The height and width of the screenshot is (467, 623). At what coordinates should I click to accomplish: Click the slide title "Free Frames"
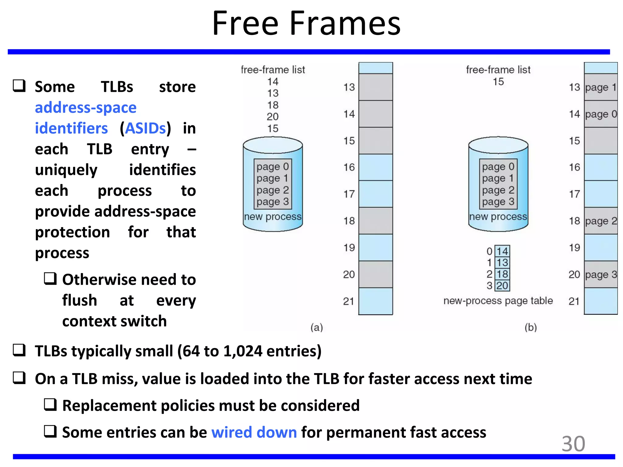coord(306,24)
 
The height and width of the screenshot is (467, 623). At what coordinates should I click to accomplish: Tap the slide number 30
coord(573,444)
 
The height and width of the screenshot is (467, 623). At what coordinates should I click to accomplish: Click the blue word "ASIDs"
coord(145,128)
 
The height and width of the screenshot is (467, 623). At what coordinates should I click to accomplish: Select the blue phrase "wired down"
coord(254,432)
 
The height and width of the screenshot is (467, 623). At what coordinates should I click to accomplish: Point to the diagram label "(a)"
coord(316,327)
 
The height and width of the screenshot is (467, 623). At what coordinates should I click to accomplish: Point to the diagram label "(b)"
coord(531,327)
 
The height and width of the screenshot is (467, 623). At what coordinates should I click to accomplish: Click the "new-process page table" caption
coord(498,301)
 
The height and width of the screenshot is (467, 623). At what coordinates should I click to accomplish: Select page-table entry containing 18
coord(502,274)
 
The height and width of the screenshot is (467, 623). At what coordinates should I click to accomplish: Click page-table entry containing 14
coord(502,251)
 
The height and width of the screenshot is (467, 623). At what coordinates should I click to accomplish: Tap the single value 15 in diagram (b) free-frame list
coord(498,81)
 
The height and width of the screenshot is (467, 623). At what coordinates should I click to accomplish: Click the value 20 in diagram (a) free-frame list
coord(273,116)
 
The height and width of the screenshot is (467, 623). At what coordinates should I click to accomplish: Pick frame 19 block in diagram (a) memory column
coord(376,247)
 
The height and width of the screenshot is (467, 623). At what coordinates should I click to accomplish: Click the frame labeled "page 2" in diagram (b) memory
coord(601,221)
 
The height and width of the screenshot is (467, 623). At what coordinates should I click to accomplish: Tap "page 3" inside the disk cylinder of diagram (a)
coord(273,202)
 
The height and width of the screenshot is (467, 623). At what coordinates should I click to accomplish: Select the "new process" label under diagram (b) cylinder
coord(498,217)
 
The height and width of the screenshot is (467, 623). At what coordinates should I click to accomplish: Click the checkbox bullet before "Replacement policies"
coord(50,405)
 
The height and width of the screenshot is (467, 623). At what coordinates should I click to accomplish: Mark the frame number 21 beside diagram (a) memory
coord(349,301)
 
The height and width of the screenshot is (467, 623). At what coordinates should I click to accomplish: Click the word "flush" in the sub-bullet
coord(80,300)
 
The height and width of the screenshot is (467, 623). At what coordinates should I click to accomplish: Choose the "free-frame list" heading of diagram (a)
coord(273,70)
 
